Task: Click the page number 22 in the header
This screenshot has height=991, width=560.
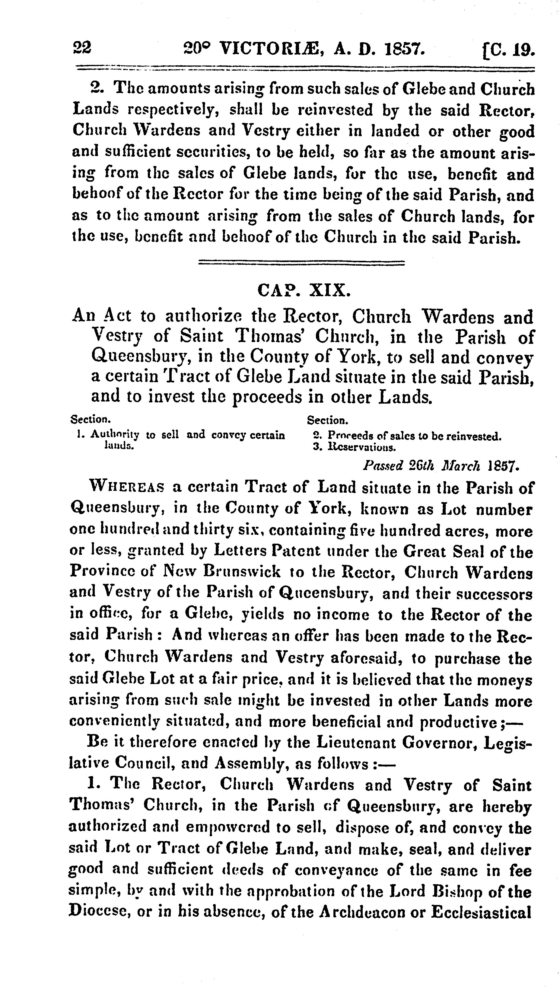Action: point(82,49)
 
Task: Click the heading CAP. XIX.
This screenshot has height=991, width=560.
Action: point(304,290)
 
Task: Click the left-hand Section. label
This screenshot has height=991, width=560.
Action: point(91,419)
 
